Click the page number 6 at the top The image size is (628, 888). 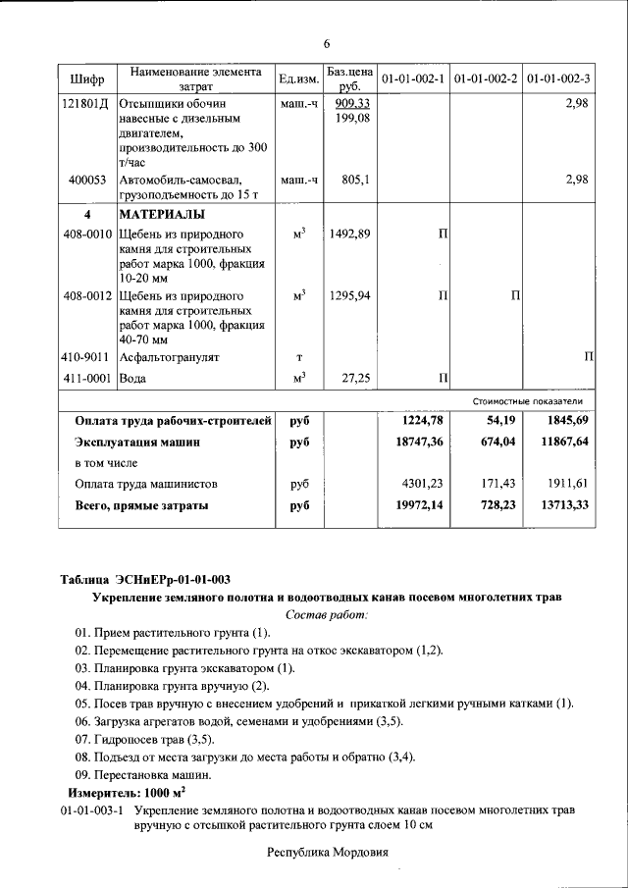pos(327,43)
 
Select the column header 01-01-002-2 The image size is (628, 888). pos(486,78)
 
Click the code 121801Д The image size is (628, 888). pos(85,104)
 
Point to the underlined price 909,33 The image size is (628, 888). pos(351,104)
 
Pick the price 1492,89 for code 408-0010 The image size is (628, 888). pos(350,234)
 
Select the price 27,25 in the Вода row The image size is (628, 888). pos(354,378)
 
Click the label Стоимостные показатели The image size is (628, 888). pos(528,401)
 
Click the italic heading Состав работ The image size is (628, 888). pos(326,614)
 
